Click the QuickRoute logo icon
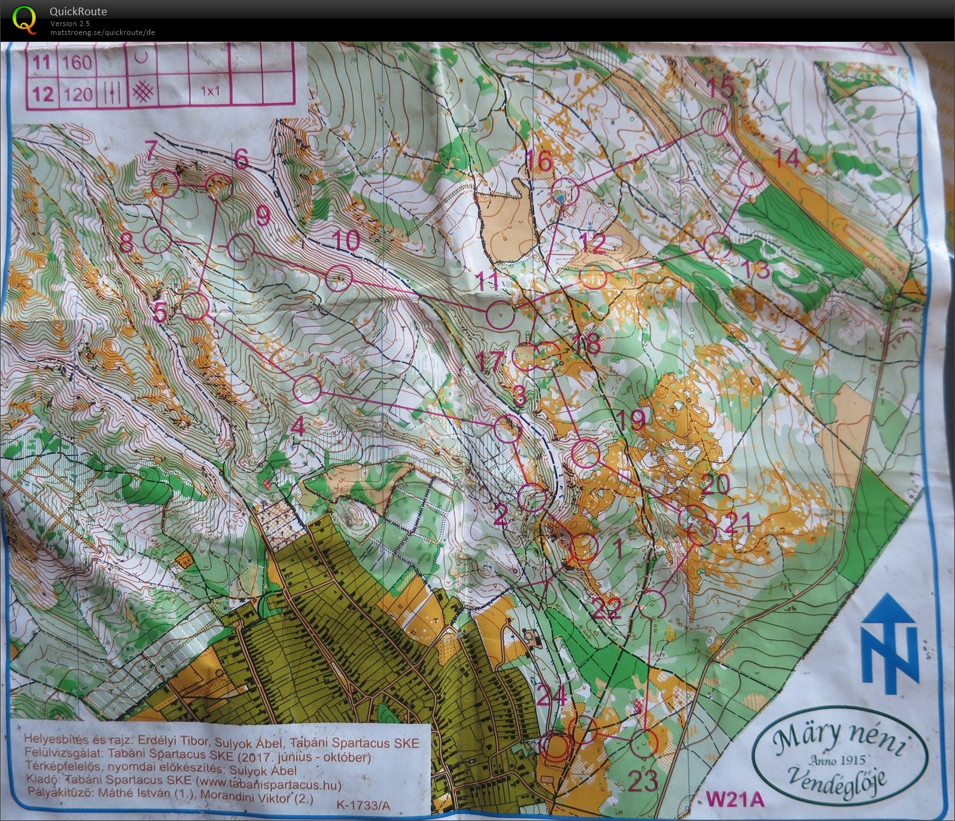24,19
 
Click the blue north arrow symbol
890,643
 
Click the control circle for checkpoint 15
715,122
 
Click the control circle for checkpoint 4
308,389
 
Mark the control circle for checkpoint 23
643,743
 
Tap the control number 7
151,150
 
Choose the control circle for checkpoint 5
195,307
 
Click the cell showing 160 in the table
78,62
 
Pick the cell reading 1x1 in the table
210,91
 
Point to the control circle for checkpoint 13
718,246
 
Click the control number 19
630,418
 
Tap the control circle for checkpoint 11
500,314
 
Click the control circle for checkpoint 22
652,604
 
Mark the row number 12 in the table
43,94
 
